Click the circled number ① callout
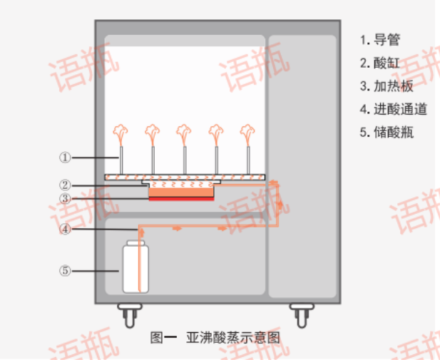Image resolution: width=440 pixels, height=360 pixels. tap(64, 157)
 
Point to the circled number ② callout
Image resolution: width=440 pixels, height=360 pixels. tap(64, 185)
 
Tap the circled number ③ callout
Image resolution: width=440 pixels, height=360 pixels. tap(64, 198)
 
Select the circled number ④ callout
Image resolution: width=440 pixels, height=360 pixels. tap(64, 229)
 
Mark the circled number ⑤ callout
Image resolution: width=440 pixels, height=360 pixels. tap(64, 270)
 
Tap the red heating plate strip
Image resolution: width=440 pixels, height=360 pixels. tap(181, 200)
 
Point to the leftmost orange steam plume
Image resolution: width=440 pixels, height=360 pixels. tap(121, 133)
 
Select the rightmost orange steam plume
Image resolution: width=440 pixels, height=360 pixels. tap(247, 133)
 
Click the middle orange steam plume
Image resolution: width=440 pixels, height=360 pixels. tap(184, 133)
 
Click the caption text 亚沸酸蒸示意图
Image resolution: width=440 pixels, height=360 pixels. tap(232, 337)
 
